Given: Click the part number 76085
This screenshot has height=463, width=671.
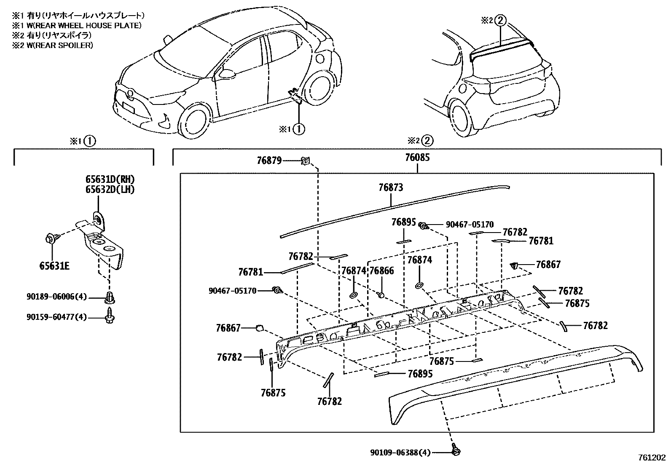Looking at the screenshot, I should click(417, 158).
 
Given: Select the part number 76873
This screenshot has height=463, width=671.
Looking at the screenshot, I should click(390, 187).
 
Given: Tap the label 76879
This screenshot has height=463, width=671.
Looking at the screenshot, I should click(269, 161).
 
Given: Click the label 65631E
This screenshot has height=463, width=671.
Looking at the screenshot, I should click(54, 266).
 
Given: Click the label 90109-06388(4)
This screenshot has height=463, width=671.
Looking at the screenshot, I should click(400, 452).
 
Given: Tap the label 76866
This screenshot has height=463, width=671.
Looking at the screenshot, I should click(381, 270).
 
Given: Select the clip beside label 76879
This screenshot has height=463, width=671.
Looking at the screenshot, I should click(306, 161).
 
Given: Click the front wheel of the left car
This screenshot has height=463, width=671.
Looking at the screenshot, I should click(194, 120).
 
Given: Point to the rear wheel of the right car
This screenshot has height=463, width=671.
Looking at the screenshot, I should click(463, 115).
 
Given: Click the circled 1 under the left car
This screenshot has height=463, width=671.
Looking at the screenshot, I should click(298, 129).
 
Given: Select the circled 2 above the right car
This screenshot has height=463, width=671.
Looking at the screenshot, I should click(499, 20).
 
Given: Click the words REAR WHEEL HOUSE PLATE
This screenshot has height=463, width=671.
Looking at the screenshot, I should click(97, 25).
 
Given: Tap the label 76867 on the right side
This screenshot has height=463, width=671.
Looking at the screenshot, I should click(548, 264).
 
